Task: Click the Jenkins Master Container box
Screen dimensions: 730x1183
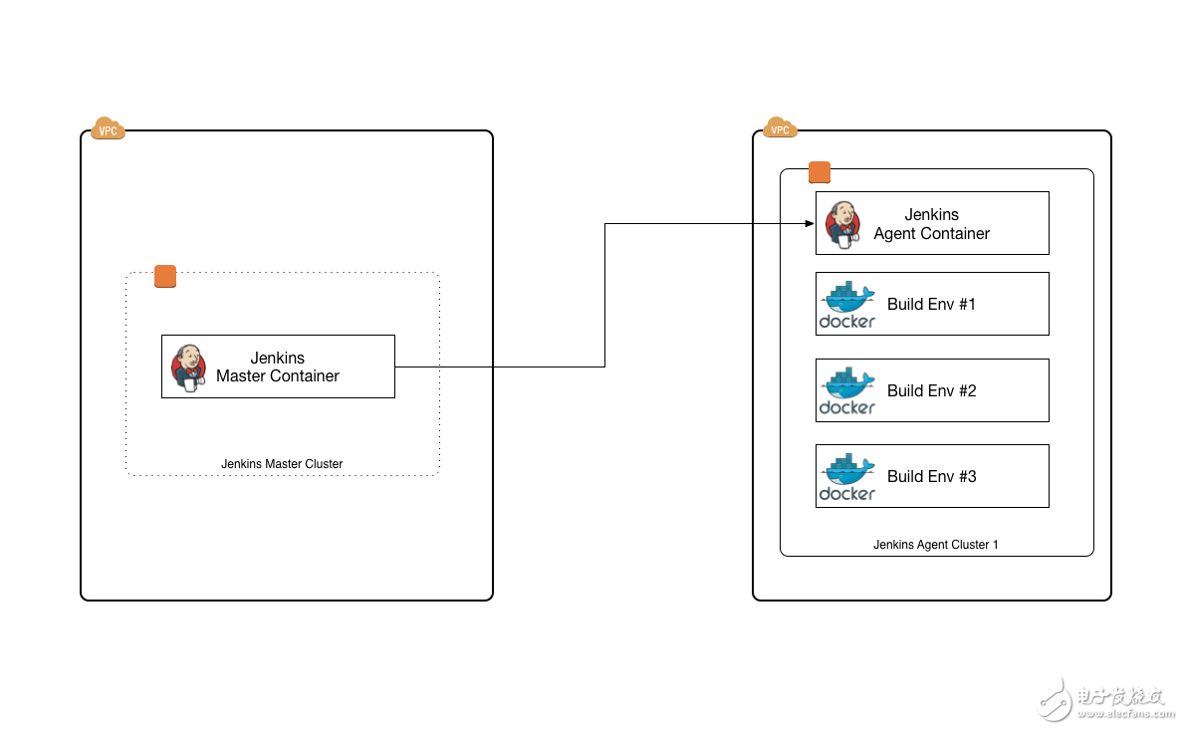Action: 278,366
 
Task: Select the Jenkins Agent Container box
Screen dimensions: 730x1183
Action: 932,223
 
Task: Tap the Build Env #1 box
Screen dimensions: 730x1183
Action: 932,304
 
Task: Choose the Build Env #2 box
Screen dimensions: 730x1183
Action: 932,390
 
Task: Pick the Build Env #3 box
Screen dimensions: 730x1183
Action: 932,476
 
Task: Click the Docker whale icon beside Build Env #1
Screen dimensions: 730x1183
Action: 847,304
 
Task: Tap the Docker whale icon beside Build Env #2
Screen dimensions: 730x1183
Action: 847,390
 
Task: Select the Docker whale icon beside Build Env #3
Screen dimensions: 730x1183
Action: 847,476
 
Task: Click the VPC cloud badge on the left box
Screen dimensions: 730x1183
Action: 108,128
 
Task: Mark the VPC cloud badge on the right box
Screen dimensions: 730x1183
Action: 780,128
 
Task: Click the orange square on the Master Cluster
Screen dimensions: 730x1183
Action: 165,277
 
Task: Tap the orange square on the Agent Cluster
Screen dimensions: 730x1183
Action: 820,173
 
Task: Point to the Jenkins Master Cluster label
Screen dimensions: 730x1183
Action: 282,464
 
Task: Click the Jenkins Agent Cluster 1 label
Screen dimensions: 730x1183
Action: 935,545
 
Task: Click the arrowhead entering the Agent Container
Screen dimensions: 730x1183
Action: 810,224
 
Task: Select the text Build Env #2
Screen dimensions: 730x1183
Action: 931,390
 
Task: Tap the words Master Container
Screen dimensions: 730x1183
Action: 278,376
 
